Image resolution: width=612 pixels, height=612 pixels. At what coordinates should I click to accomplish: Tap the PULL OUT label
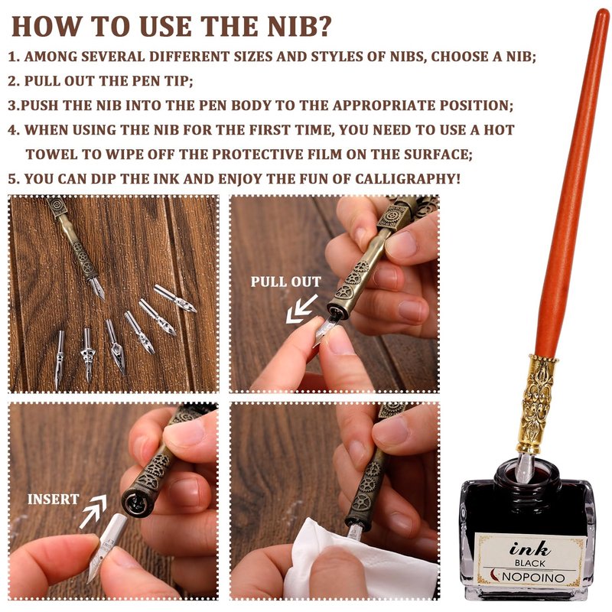(285, 282)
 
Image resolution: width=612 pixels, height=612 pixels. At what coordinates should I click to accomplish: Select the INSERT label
(53, 500)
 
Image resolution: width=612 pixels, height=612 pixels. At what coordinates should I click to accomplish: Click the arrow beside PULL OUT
(301, 309)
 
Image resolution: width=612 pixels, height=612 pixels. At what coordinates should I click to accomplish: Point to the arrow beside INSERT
(93, 511)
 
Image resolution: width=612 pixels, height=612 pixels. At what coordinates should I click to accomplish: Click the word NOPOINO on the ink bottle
(533, 577)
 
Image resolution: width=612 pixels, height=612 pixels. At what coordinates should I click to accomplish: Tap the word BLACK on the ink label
(529, 563)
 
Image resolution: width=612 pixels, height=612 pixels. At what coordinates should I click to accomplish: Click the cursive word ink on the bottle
(529, 549)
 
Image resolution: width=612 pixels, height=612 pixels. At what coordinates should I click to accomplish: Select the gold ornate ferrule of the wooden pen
(537, 403)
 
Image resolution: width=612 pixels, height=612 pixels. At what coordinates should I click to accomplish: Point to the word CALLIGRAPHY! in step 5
(408, 179)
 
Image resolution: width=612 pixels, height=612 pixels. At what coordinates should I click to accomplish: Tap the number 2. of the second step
(14, 81)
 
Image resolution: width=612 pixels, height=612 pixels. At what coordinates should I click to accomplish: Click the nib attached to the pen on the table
(97, 288)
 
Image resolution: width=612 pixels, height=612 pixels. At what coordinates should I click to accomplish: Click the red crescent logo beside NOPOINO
(495, 575)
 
